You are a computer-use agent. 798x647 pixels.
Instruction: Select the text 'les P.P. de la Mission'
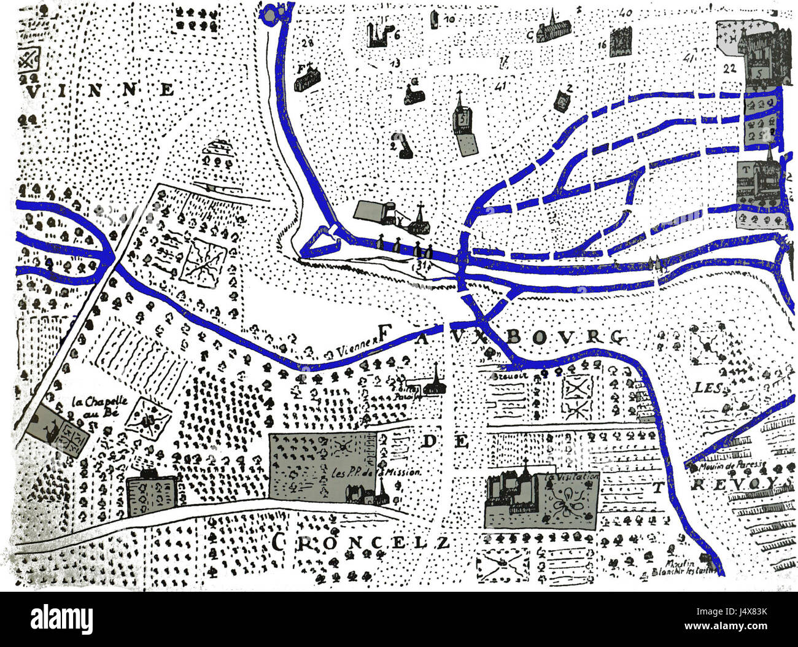375,473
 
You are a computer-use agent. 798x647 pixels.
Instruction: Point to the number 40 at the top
626,12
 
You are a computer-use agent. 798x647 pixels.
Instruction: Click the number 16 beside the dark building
602,44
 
